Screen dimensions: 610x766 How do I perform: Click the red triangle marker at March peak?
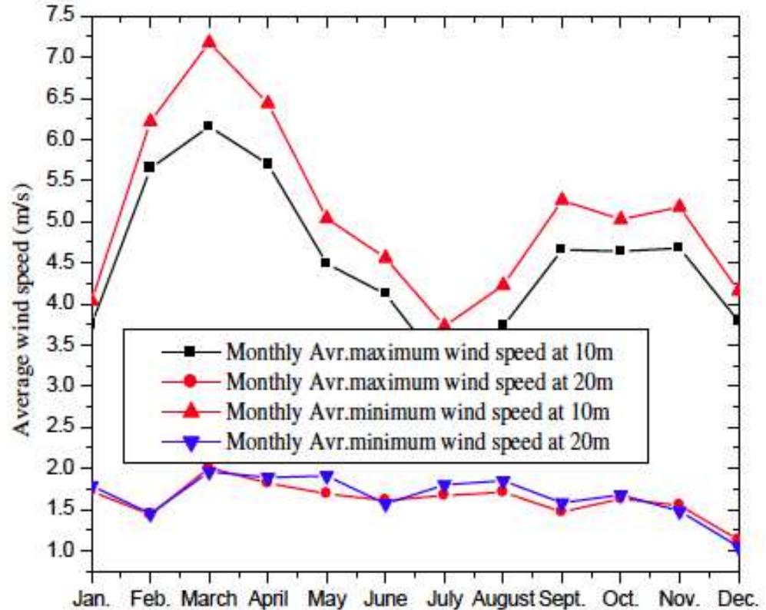(209, 41)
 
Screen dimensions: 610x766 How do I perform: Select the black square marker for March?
(209, 125)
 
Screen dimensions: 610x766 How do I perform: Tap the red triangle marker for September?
(562, 200)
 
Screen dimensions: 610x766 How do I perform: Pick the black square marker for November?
(678, 247)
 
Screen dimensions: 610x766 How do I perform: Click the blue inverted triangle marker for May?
(327, 477)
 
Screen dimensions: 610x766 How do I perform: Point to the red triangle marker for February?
(151, 120)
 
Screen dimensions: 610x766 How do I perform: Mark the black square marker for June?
(385, 292)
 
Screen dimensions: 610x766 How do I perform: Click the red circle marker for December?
(738, 539)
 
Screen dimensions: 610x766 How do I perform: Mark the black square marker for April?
(267, 164)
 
